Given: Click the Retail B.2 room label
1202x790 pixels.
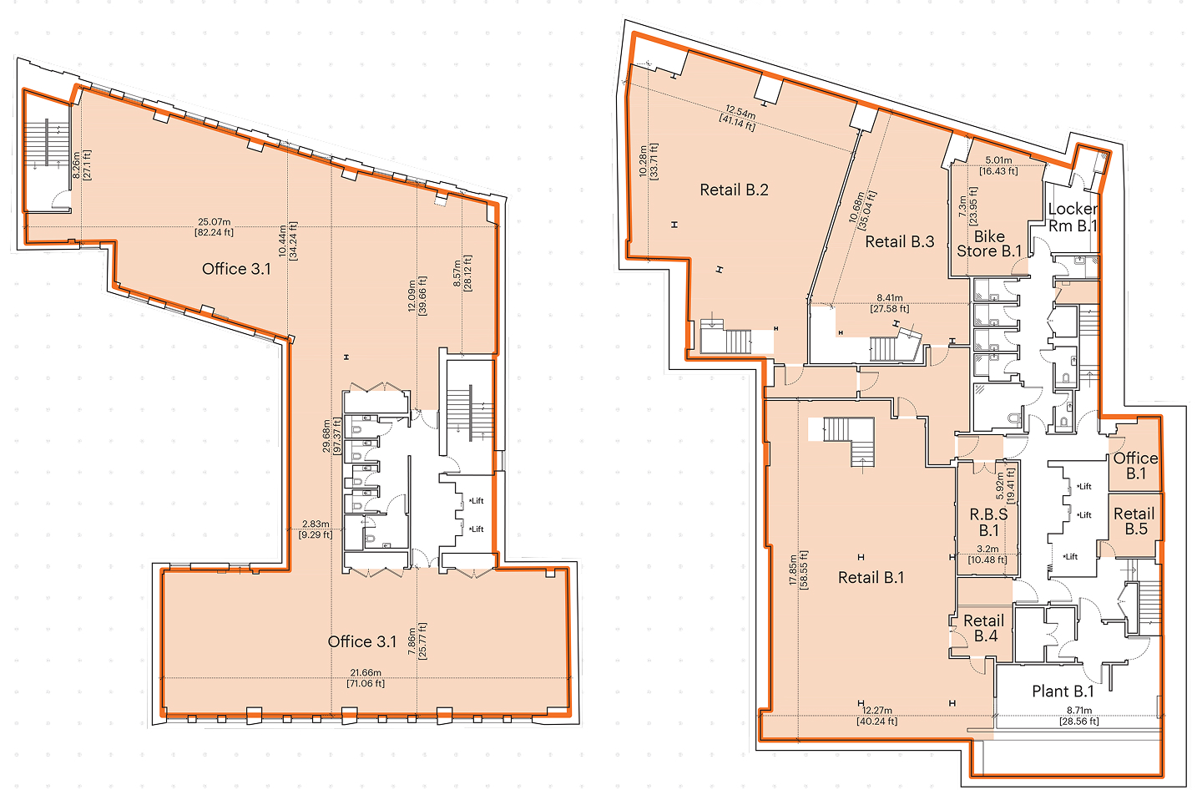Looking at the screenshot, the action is (734, 190).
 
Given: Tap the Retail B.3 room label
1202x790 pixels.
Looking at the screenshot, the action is (900, 242).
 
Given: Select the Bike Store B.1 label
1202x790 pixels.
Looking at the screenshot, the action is (989, 244).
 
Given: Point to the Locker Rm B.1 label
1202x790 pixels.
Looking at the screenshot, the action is (1073, 217).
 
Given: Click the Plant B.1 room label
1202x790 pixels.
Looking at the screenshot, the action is (1063, 691).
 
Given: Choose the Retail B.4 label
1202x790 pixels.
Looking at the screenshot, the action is (984, 629).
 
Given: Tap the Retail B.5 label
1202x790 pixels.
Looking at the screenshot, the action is (1134, 521).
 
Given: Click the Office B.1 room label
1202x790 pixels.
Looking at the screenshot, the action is (1135, 466).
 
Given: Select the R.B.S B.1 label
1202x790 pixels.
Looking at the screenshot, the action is (988, 523).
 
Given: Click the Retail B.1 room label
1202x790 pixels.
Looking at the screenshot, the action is (871, 578).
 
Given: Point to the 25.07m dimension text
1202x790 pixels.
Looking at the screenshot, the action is (214, 221).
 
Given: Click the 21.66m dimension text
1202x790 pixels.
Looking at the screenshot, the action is (366, 672).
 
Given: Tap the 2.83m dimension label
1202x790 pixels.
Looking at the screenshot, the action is (316, 524).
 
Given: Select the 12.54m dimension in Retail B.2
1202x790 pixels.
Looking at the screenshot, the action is (740, 114).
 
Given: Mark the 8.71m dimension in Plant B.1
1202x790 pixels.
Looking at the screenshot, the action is (1079, 711).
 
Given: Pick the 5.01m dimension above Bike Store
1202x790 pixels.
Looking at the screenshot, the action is (998, 160).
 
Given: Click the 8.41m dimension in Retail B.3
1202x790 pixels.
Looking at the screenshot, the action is (890, 298).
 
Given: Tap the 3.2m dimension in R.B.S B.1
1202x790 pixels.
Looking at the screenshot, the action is (987, 549).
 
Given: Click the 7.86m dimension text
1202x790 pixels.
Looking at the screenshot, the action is (412, 641).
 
